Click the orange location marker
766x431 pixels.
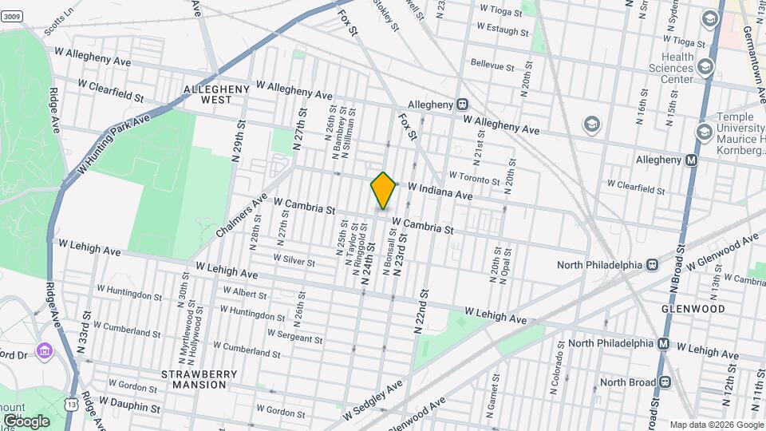[383, 190]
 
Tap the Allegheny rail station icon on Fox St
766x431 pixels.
[462, 105]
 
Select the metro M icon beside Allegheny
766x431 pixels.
[692, 160]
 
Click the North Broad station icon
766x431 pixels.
[661, 382]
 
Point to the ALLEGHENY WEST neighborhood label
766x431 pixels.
[207, 94]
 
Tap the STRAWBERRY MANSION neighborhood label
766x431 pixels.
[195, 379]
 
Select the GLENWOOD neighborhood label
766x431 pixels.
[693, 308]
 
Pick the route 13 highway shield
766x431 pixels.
[74, 404]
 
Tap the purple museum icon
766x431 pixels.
[45, 351]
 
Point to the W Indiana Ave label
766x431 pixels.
[440, 192]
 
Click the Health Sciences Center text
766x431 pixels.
[666, 69]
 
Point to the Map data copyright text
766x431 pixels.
[716, 425]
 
